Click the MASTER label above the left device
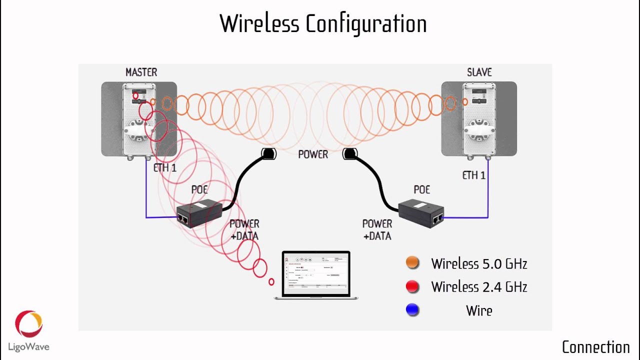(x=141, y=72)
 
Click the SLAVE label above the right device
(x=479, y=72)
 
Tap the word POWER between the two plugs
(x=313, y=154)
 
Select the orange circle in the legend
(x=412, y=263)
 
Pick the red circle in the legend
(x=412, y=286)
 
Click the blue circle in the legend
(x=412, y=310)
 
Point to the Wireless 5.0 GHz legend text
(x=479, y=263)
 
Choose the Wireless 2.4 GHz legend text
(x=479, y=287)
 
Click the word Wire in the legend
(x=479, y=310)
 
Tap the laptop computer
(x=316, y=275)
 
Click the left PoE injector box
(x=199, y=213)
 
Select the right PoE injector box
(x=421, y=213)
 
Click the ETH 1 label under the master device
(x=165, y=168)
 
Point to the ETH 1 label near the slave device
(x=474, y=175)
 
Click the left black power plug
(x=268, y=154)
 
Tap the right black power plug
(x=349, y=154)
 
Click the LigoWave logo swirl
(x=28, y=324)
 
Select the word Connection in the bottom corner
(x=595, y=347)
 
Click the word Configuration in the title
(x=366, y=24)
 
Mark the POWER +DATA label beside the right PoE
(x=377, y=229)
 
